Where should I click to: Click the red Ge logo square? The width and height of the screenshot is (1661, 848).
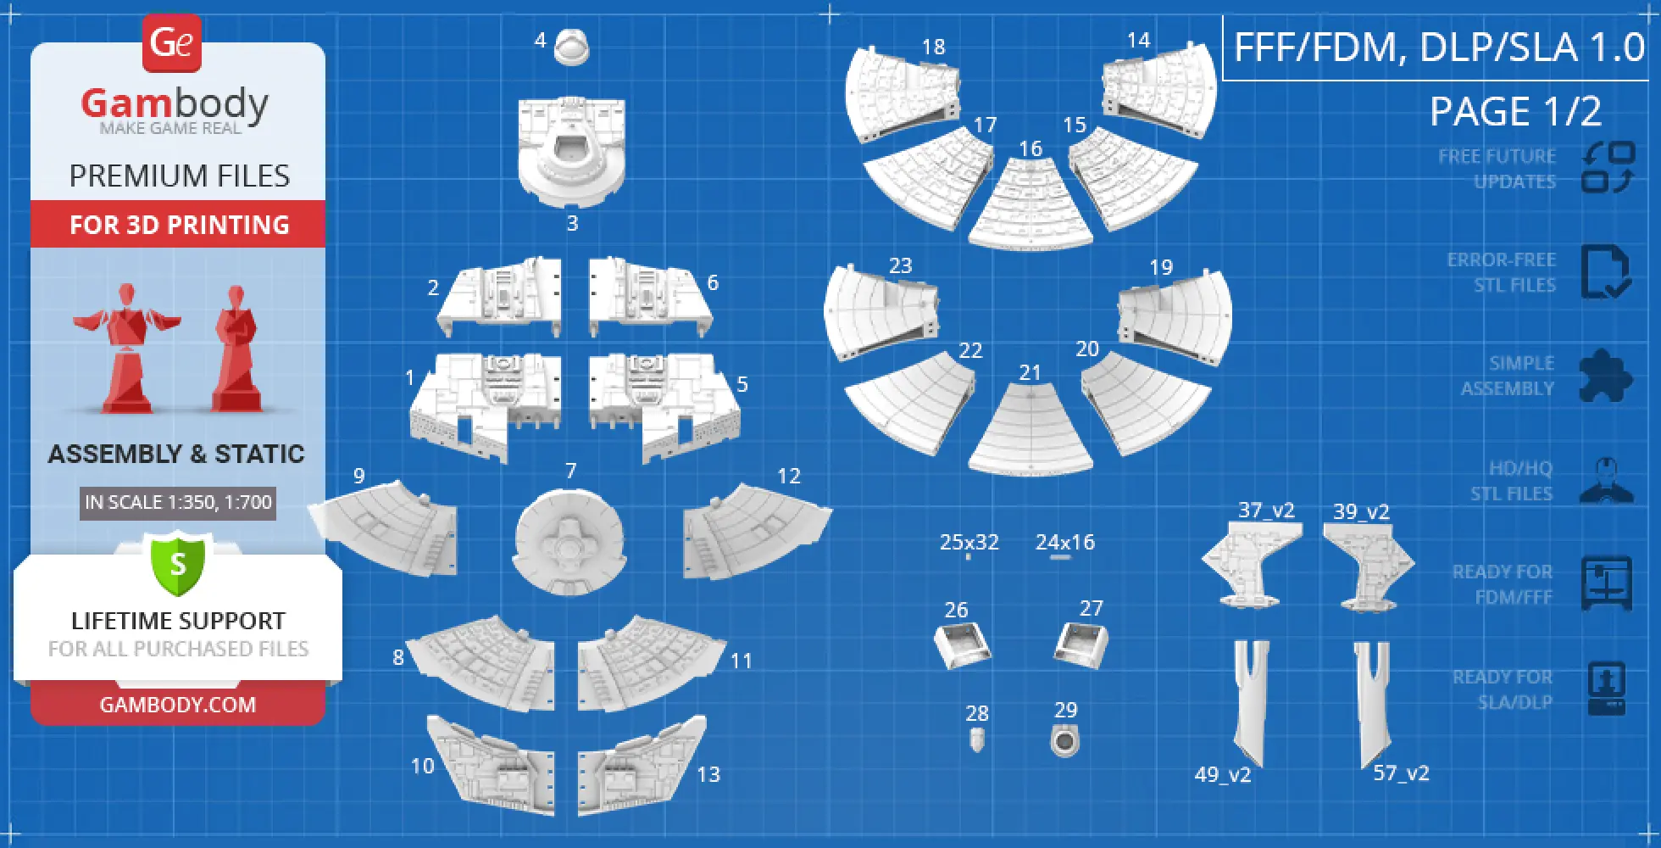[172, 42]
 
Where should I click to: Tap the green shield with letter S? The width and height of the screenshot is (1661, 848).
[178, 564]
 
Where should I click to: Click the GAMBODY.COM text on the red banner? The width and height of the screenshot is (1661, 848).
[178, 705]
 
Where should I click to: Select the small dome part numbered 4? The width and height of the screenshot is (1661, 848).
[572, 47]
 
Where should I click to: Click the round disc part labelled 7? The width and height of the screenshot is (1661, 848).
[569, 543]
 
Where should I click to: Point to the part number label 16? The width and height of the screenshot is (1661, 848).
[1030, 149]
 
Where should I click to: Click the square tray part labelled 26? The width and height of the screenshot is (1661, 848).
[962, 646]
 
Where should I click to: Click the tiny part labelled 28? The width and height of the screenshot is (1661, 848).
[977, 740]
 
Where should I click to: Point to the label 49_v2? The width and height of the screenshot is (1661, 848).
[1223, 774]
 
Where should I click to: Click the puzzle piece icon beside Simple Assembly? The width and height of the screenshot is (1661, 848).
[1605, 376]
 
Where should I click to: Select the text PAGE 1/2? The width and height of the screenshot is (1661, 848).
[1515, 111]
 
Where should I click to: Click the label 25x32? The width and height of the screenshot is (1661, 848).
[969, 542]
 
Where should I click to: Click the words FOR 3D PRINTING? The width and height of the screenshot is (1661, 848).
[179, 225]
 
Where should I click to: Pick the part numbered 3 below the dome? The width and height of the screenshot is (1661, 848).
[572, 153]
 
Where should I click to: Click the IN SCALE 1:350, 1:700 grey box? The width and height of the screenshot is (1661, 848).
[178, 502]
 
